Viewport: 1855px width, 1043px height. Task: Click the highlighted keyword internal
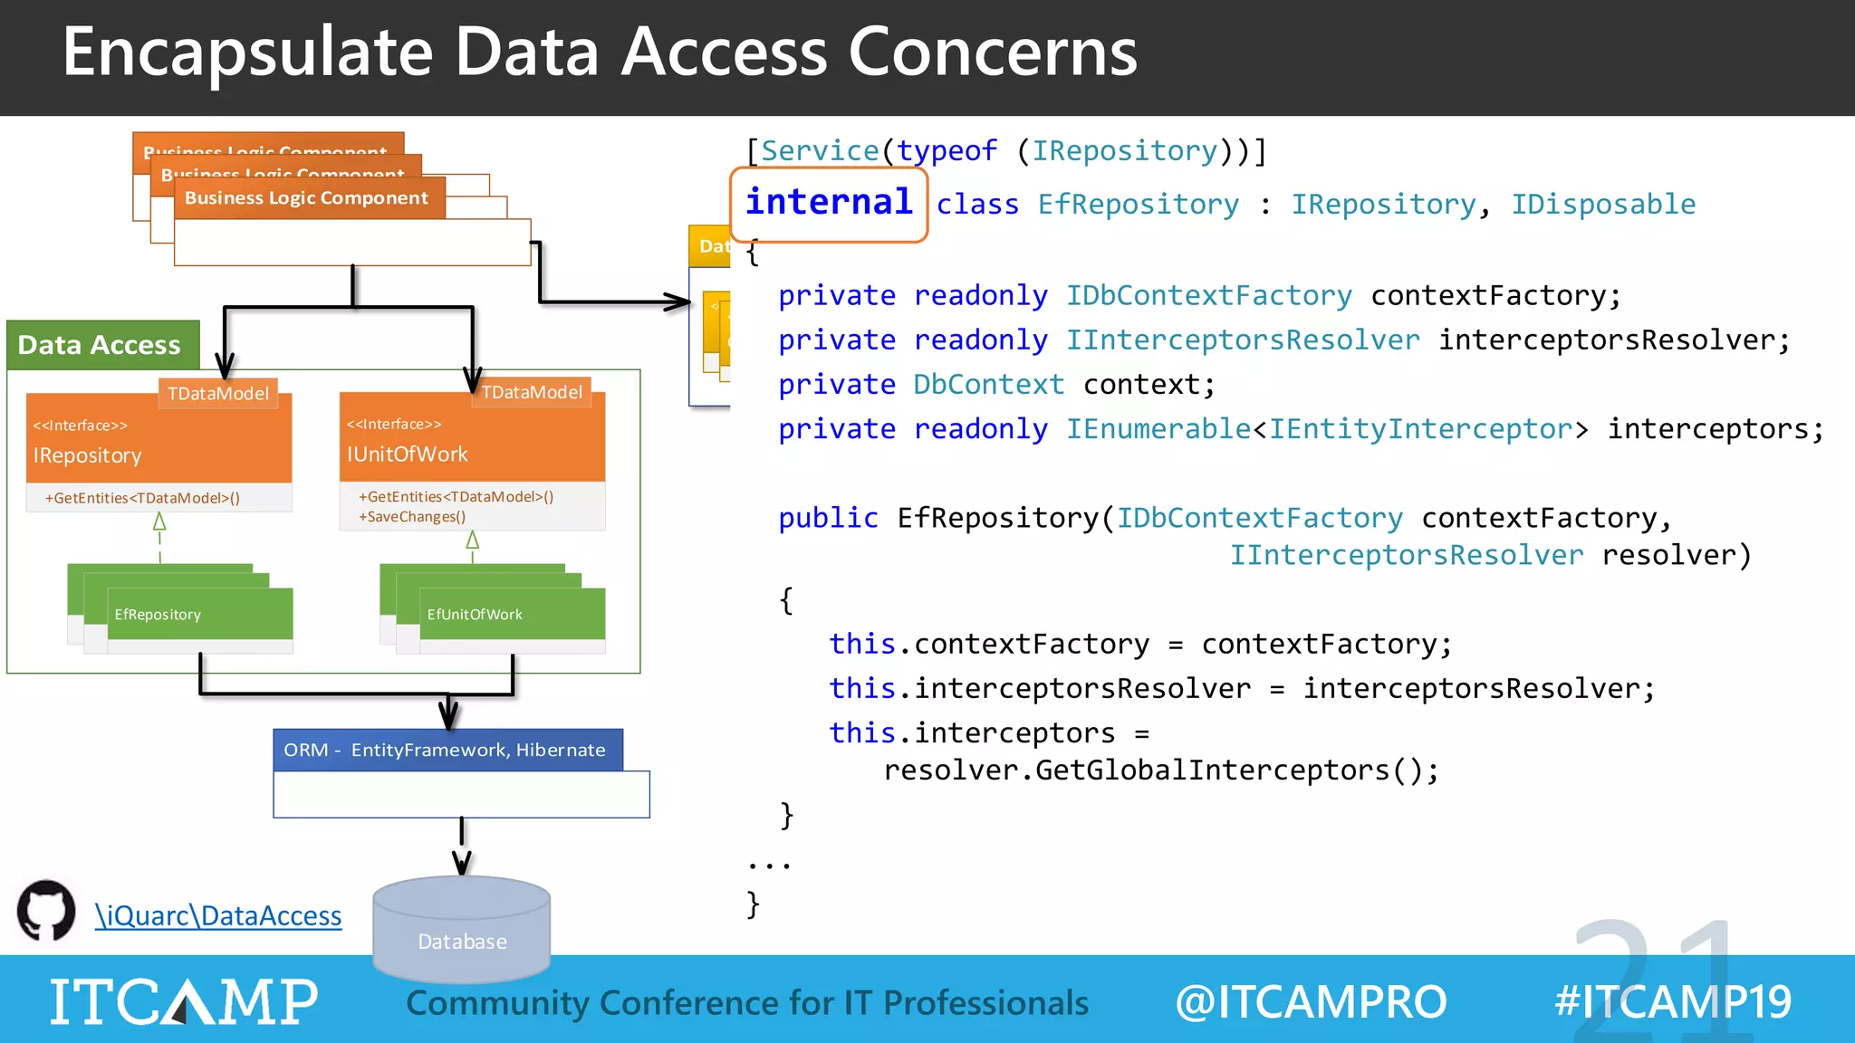829,203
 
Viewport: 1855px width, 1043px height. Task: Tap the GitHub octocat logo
46,911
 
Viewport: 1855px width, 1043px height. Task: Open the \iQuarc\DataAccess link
218,916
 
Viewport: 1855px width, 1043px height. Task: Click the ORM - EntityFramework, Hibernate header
447,751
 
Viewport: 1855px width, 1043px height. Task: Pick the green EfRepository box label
158,615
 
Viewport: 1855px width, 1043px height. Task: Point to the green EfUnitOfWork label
475,615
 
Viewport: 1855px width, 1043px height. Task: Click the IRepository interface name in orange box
88,455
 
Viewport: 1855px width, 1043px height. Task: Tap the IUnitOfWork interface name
408,455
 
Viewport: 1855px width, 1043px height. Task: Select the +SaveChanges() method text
412,517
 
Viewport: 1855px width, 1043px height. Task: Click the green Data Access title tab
100,345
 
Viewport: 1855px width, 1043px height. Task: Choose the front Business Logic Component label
306,198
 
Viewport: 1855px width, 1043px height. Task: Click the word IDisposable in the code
1602,205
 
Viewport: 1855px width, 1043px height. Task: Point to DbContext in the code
988,385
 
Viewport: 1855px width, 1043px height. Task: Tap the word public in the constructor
828,518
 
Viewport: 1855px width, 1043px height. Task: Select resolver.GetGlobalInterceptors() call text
1160,770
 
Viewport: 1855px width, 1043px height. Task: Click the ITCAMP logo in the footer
184,1001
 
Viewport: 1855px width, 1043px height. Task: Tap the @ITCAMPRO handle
1311,1002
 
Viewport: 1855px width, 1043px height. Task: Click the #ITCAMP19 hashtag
1672,1002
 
